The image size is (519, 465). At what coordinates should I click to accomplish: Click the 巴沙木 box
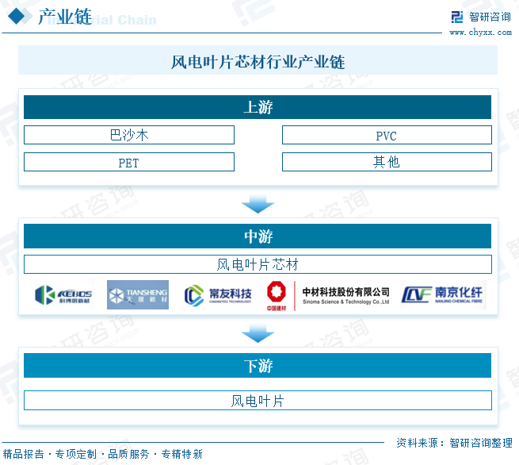129,135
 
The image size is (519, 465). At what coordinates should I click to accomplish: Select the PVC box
387,135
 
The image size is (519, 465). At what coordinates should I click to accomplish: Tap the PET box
129,162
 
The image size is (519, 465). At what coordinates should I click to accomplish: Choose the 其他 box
387,162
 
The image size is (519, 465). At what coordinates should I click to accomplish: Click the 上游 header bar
258,107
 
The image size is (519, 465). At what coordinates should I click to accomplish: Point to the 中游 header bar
258,236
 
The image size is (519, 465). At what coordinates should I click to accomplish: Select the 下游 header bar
258,365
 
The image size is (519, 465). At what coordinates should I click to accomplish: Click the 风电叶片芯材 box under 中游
258,264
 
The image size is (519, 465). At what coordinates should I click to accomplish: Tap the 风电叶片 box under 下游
258,401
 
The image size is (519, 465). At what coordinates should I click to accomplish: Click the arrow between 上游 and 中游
258,204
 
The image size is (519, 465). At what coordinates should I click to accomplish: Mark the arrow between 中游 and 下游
258,333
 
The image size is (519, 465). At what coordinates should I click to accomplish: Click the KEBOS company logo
63,295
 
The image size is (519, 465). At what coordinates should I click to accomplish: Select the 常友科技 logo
217,295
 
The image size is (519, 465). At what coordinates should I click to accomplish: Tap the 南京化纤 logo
442,294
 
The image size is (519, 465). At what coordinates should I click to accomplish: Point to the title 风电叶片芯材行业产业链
258,62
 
